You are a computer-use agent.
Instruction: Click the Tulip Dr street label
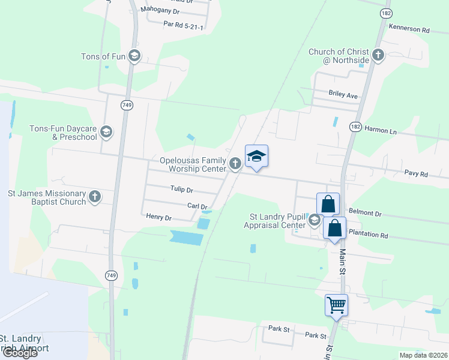click(x=181, y=190)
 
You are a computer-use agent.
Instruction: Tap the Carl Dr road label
click(x=197, y=206)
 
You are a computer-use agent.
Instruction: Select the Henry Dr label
click(x=159, y=218)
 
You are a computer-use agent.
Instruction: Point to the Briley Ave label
click(x=343, y=95)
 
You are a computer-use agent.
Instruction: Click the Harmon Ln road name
click(x=381, y=131)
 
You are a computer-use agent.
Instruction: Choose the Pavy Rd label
click(x=415, y=174)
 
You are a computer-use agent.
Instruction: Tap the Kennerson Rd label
click(x=409, y=29)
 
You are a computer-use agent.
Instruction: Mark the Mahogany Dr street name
click(x=160, y=11)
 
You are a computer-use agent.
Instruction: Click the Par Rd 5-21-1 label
click(x=184, y=26)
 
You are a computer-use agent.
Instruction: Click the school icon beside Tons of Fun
click(x=134, y=56)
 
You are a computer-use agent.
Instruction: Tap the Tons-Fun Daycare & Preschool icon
click(x=106, y=132)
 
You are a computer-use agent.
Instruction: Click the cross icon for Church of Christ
click(x=378, y=56)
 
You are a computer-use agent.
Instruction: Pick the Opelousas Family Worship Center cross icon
click(x=235, y=162)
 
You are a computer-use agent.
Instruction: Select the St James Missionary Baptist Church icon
click(x=95, y=197)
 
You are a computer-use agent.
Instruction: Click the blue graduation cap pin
click(x=256, y=156)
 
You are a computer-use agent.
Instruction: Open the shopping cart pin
click(x=336, y=305)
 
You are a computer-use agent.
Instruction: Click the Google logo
click(x=19, y=353)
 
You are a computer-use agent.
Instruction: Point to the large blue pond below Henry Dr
click(x=186, y=238)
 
